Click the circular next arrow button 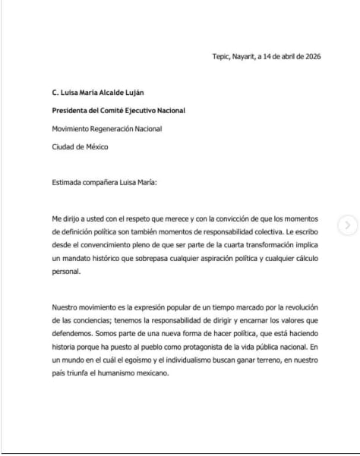(x=349, y=225)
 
